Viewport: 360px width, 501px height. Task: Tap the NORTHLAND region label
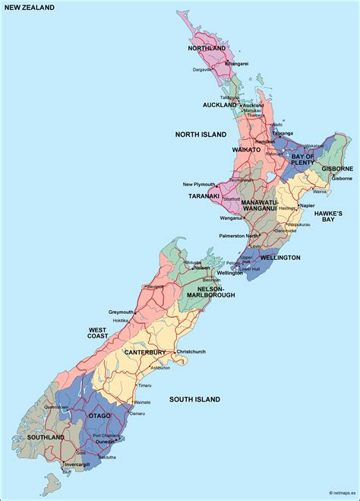point(207,48)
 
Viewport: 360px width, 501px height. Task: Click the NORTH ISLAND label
point(201,134)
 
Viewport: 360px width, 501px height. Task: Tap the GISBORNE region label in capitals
point(337,168)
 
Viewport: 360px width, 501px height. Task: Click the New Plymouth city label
point(200,184)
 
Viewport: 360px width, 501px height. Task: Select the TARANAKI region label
point(204,195)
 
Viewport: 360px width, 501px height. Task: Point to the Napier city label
point(307,205)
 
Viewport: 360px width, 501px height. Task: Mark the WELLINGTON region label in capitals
point(279,258)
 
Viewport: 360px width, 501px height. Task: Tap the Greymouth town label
point(122,312)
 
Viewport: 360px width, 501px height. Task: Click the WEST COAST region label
point(97,333)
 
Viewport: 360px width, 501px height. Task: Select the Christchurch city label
point(191,352)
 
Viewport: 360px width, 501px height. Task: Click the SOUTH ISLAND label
point(194,399)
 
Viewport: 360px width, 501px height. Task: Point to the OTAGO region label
point(99,416)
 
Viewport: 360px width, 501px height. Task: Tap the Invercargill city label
point(77,464)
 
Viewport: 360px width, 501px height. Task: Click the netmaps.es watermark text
point(332,495)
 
